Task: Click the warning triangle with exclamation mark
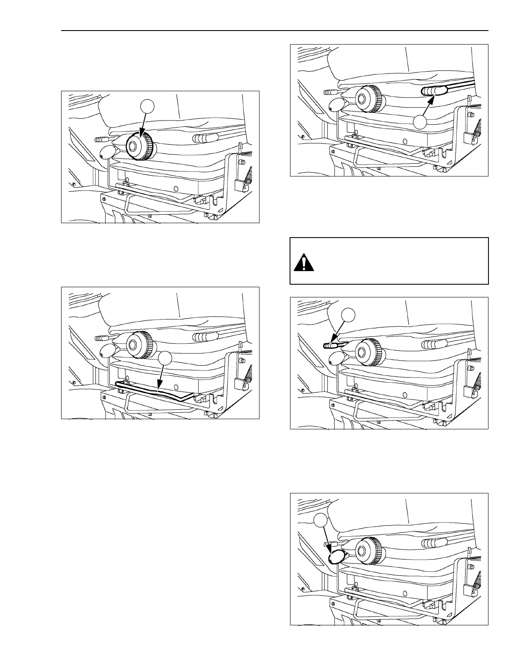[x=304, y=263]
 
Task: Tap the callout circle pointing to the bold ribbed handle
[x=420, y=122]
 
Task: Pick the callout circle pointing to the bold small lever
[x=349, y=314]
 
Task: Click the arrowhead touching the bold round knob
[x=140, y=134]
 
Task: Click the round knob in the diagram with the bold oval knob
[x=368, y=550]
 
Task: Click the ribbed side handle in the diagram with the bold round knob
[x=206, y=138]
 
